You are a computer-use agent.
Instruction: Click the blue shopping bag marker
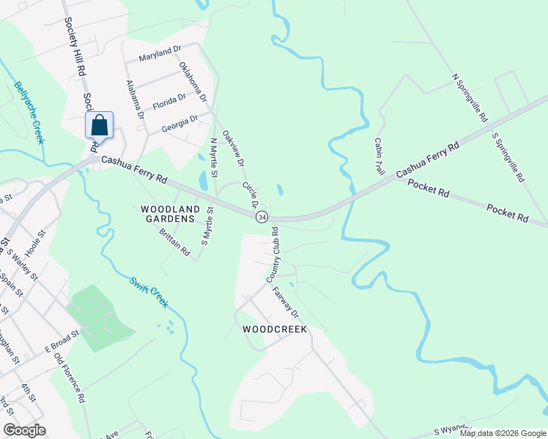pos(100,125)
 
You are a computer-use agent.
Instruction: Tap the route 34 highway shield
pos(262,217)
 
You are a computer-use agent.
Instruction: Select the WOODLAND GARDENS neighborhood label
pos(169,214)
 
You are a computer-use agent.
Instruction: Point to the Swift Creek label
pos(149,291)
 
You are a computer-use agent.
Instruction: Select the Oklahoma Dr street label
pos(193,81)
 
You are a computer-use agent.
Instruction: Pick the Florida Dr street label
pos(169,102)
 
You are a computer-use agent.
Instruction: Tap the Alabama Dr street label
pos(134,100)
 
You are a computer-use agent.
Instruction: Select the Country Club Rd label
pos(273,255)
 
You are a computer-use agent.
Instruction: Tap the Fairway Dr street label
pos(286,302)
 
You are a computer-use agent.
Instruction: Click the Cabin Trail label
pos(379,156)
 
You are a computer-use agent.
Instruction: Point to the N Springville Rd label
pos(470,97)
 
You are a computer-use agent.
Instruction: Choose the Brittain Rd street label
pos(174,242)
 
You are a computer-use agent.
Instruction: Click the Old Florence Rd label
pos(70,380)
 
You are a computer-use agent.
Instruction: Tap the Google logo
pos(24,430)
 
